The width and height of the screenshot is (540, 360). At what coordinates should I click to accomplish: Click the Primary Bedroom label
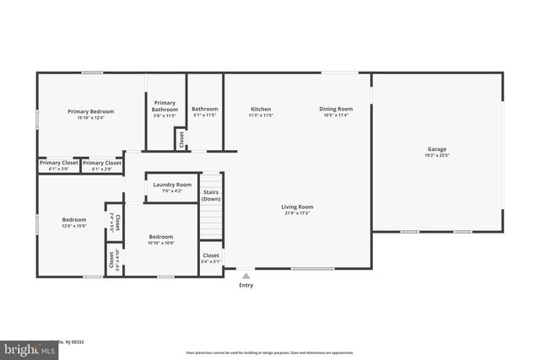click(x=90, y=111)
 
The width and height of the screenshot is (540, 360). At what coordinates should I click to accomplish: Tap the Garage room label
click(x=436, y=149)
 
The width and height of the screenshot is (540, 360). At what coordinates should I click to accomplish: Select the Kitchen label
click(x=261, y=109)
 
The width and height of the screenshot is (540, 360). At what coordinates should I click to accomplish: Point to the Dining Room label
click(x=336, y=109)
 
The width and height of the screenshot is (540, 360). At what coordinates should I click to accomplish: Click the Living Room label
click(x=297, y=207)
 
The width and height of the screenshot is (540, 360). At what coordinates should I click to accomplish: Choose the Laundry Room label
click(x=172, y=185)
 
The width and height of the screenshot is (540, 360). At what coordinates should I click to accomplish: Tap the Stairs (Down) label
click(x=211, y=196)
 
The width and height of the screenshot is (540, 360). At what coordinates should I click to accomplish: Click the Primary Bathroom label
click(x=165, y=106)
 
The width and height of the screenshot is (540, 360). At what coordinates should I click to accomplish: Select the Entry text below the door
click(x=246, y=285)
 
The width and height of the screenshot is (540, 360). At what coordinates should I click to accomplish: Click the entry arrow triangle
click(x=246, y=275)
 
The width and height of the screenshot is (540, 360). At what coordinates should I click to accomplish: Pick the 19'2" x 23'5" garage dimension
click(x=436, y=156)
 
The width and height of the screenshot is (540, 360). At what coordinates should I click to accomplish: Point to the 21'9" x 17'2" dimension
click(x=297, y=213)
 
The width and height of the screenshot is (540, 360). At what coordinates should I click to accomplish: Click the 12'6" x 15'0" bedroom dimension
click(x=74, y=226)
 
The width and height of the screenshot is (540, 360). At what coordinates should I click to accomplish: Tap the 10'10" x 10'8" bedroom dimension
click(x=161, y=244)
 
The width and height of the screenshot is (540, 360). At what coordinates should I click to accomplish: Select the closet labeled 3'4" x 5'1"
click(x=211, y=261)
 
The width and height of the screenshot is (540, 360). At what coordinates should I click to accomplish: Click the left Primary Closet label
click(x=57, y=163)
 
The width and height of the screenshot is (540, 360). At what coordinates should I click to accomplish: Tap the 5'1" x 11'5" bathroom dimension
click(x=204, y=116)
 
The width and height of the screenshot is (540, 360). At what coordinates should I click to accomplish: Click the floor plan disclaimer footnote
click(x=269, y=352)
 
